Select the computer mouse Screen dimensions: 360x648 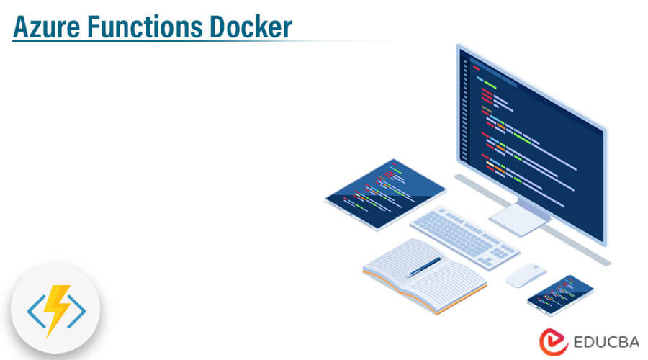point(525,275)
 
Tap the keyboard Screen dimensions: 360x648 point(464,234)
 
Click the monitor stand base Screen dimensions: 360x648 point(519,220)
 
